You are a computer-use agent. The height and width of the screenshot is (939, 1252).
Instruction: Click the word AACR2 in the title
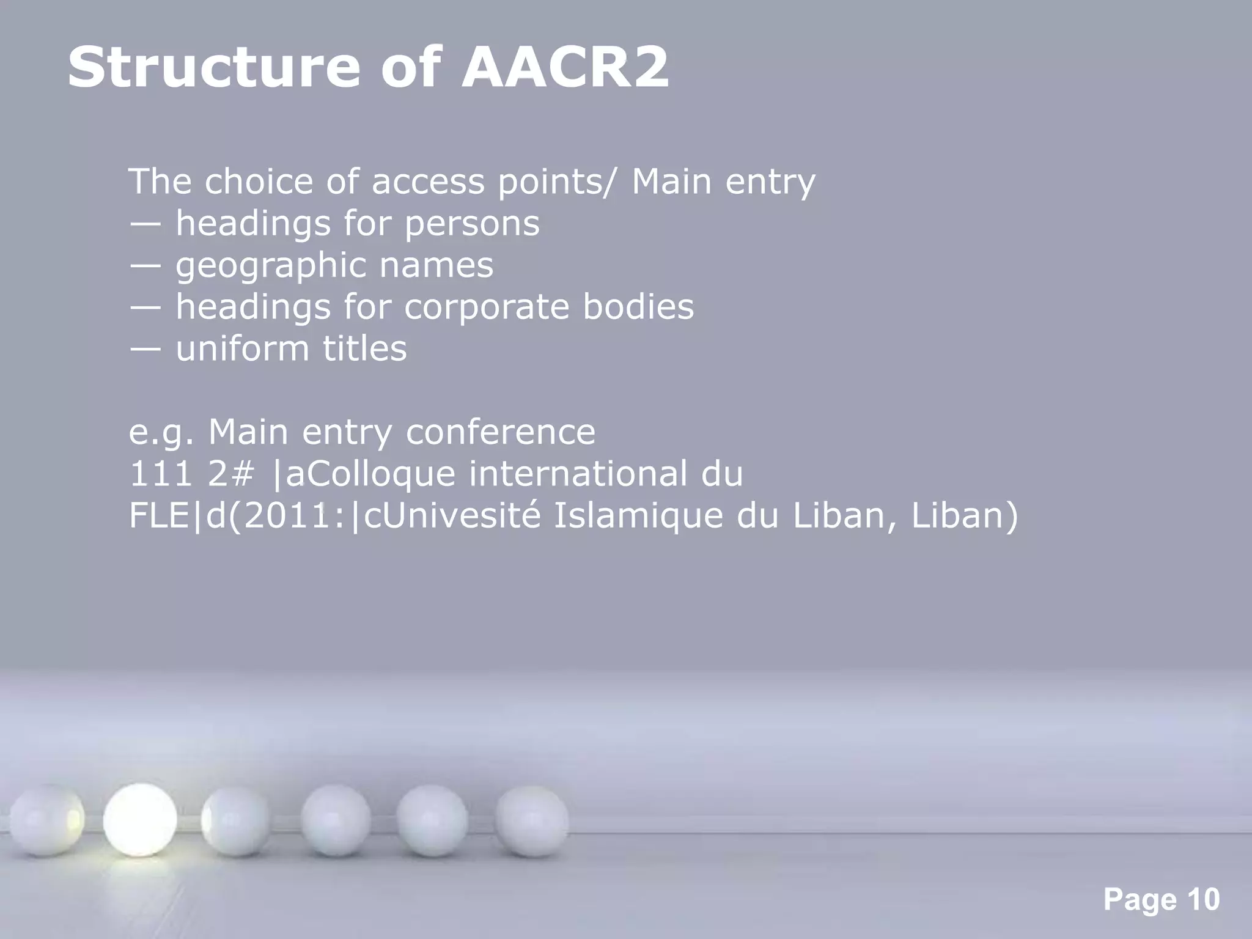point(565,67)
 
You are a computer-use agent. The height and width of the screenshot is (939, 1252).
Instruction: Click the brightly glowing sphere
point(140,820)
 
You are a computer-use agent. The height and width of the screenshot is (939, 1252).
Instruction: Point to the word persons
point(472,223)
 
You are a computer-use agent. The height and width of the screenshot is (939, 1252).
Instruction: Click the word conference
point(500,432)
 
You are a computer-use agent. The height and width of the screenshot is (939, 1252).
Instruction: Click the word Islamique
point(637,515)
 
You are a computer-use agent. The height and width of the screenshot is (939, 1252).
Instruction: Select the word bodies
point(638,307)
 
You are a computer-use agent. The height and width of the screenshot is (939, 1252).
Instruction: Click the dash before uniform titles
point(145,349)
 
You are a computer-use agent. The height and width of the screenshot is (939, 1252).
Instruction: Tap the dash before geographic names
point(145,266)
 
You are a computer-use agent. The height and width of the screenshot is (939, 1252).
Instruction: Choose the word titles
point(364,348)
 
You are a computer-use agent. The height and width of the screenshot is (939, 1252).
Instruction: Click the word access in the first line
point(427,182)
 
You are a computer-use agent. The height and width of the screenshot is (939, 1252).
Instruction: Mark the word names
point(436,266)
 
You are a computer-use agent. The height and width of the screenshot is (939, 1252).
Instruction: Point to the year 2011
point(282,515)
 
